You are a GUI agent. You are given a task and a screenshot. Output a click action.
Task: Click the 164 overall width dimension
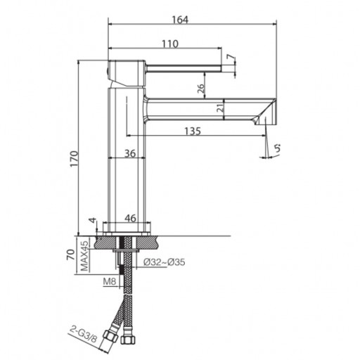pyautogui.click(x=180, y=20)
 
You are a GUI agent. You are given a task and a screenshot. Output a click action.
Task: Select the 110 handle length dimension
pyautogui.click(x=170, y=44)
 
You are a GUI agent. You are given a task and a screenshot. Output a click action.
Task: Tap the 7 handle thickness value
pyautogui.click(x=231, y=57)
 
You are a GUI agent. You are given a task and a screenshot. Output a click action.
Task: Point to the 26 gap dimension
pyautogui.click(x=201, y=89)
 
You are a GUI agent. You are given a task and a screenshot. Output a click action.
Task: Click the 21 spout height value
pyautogui.click(x=220, y=108)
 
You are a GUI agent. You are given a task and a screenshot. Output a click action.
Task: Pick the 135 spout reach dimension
pyautogui.click(x=193, y=131)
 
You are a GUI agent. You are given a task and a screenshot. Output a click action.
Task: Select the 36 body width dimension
pyautogui.click(x=130, y=153)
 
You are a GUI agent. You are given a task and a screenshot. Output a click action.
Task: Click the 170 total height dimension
pyautogui.click(x=74, y=159)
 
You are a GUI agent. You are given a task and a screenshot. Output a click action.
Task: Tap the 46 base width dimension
pyautogui.click(x=130, y=218)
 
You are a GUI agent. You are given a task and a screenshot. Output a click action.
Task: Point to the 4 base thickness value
pyautogui.click(x=93, y=220)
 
